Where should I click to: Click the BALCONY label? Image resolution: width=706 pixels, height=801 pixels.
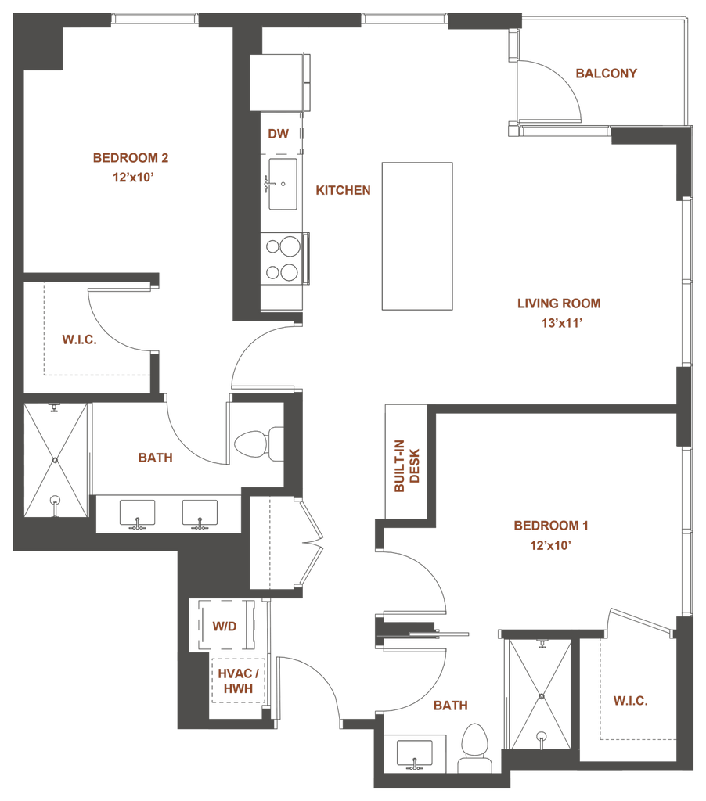[607, 74]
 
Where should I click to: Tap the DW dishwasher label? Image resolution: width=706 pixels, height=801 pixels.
[278, 134]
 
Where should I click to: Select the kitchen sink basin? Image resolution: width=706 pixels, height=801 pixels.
[283, 184]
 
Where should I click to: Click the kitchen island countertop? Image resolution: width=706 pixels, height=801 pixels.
[417, 236]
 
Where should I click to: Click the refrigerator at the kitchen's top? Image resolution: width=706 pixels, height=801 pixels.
[279, 82]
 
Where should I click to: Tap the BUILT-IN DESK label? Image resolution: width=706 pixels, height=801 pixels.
[407, 466]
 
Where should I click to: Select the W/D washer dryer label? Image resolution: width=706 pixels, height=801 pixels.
[225, 627]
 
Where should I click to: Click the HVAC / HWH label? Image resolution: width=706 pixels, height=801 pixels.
[238, 681]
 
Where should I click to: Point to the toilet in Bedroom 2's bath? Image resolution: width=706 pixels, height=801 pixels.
[258, 444]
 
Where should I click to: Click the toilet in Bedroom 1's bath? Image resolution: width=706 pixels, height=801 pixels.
[475, 747]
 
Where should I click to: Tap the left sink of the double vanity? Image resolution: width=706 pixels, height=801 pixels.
[137, 514]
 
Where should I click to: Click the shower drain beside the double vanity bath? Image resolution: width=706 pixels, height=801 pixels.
[56, 460]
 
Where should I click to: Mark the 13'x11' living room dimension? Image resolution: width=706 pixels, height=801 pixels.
[562, 323]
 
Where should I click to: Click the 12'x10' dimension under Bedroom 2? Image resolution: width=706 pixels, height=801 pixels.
[133, 178]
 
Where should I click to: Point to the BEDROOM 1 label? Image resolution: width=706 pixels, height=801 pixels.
[551, 526]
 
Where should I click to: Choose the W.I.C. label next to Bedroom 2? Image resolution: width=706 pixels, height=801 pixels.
[79, 339]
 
